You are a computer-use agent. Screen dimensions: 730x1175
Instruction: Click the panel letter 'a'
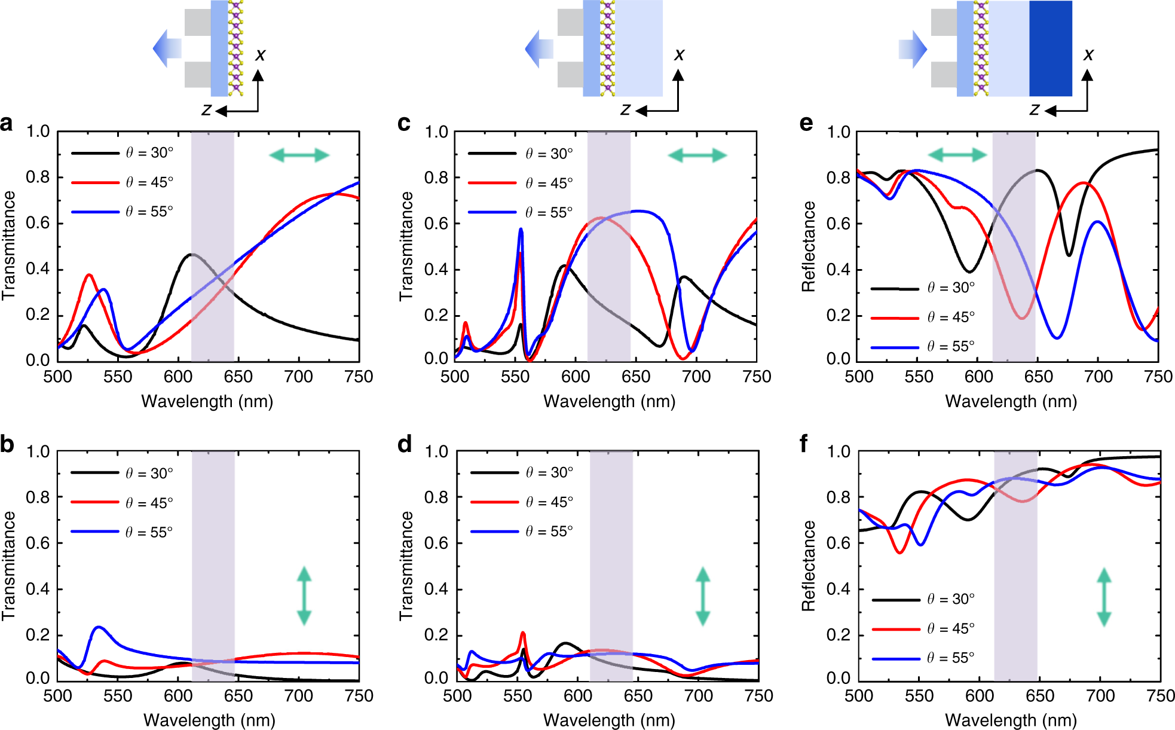tap(7, 124)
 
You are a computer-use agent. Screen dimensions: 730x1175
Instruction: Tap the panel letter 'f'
tap(804, 444)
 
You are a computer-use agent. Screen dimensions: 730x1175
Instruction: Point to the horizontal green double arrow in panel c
tap(697, 156)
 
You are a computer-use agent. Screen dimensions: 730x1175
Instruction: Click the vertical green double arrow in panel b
tap(304, 596)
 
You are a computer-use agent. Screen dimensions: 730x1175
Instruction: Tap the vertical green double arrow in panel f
tap(1104, 597)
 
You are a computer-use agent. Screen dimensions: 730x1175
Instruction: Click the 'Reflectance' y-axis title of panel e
tap(809, 246)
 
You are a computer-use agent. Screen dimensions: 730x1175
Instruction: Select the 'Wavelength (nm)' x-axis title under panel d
tap(609, 720)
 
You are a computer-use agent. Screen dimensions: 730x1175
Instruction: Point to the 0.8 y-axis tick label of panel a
tap(38, 177)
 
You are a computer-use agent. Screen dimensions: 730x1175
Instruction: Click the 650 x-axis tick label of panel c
tap(636, 377)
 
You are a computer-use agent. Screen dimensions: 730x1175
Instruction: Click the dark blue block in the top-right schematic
tap(1050, 48)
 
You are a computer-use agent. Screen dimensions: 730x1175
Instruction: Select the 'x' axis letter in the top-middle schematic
tap(679, 55)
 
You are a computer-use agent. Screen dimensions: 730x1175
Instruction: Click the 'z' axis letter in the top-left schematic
tap(207, 110)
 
